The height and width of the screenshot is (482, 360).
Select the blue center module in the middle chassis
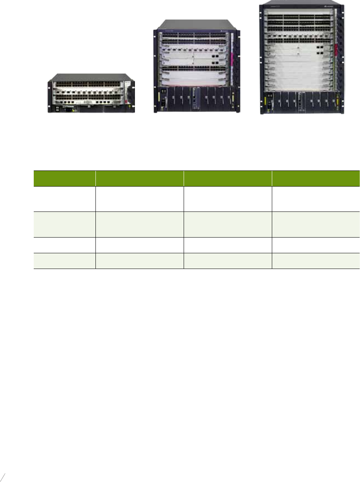[x=196, y=99]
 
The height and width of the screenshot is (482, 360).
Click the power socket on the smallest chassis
[x=71, y=110]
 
